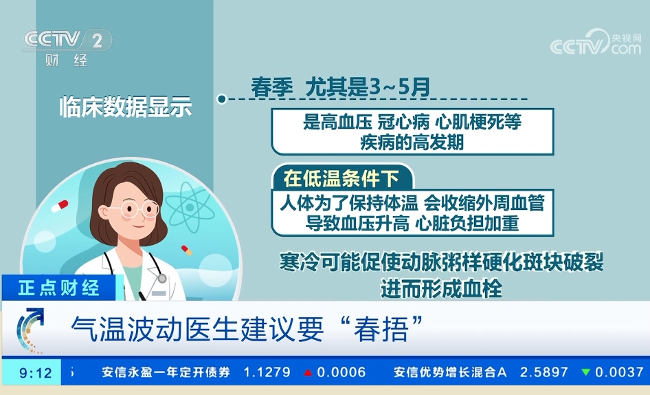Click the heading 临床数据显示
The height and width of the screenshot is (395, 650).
tap(125, 107)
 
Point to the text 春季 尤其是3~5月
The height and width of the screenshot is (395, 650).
tap(341, 87)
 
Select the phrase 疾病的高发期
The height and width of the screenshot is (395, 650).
tap(412, 142)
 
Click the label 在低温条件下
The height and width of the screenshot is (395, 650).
tap(341, 179)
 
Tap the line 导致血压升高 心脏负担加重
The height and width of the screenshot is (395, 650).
tap(412, 223)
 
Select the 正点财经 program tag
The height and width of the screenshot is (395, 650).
tap(59, 288)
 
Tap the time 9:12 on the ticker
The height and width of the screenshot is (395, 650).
tap(36, 373)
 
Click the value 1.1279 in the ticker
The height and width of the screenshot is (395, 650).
tap(267, 372)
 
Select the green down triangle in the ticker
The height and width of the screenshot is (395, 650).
tap(585, 372)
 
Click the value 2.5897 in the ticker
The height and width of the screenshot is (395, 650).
tap(543, 372)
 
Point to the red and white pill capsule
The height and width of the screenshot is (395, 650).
tap(59, 205)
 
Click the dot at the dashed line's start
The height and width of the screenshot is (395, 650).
tap(221, 99)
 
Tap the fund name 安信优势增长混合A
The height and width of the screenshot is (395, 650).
tap(449, 372)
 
